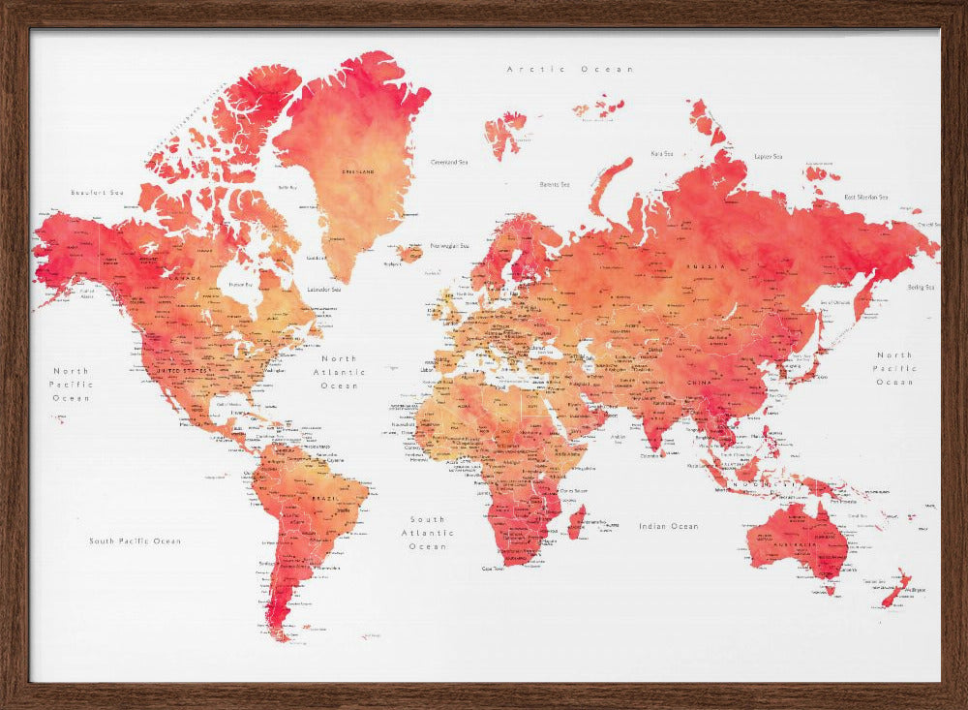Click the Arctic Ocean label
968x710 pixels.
[571, 69]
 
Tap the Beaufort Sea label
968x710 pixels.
[98, 193]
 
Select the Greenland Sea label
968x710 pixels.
[449, 162]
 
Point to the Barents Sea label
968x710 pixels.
[554, 184]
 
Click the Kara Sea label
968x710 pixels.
[662, 153]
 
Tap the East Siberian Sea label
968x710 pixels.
[865, 197]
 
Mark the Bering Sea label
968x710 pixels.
[921, 287]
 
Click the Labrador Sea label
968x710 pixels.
[323, 289]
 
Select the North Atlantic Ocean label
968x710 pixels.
[339, 372]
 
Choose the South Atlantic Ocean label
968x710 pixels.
[427, 533]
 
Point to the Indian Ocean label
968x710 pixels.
[668, 526]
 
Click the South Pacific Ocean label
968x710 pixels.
[135, 540]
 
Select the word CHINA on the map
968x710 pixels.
[699, 383]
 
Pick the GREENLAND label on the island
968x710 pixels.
[359, 171]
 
